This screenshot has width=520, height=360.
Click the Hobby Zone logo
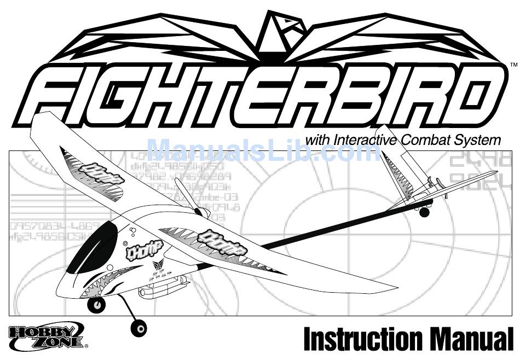[x=47, y=336]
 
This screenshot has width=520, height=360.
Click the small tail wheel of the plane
[x=423, y=211]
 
